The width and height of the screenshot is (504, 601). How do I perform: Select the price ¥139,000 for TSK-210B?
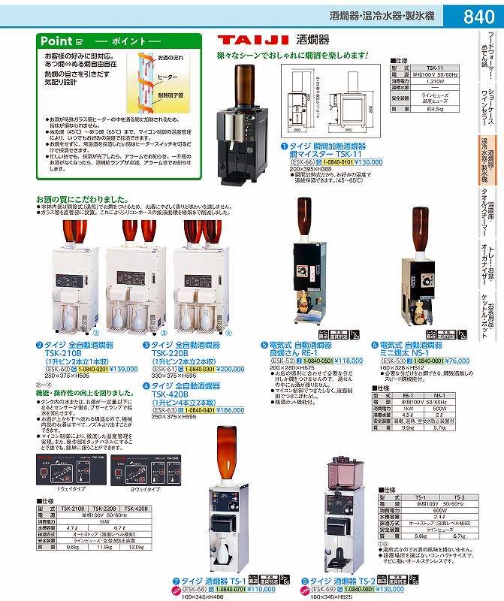tap(124, 369)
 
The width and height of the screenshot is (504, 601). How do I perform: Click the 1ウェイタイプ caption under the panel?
tap(65, 489)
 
